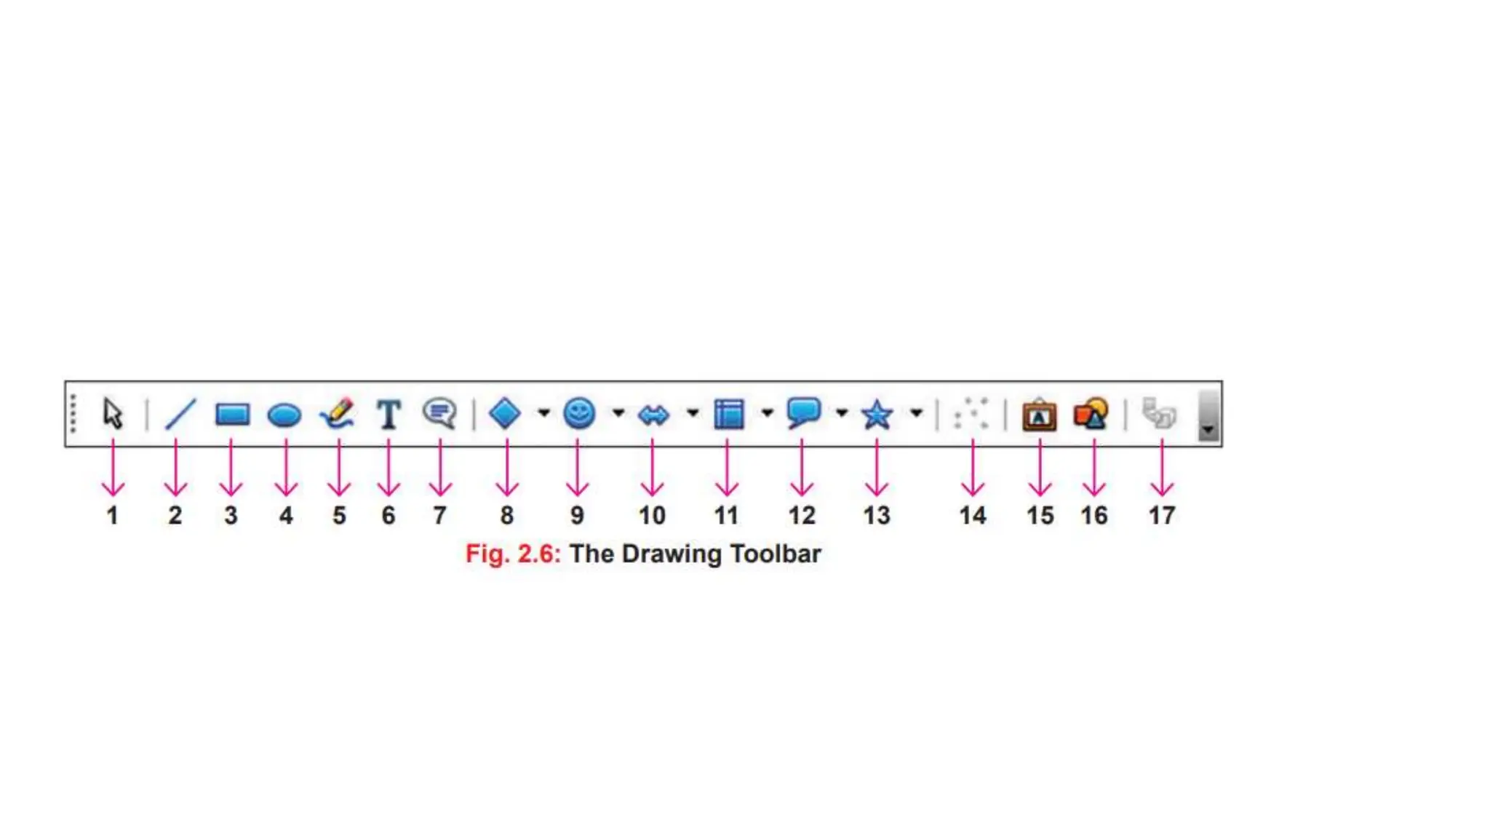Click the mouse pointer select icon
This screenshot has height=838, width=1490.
click(113, 413)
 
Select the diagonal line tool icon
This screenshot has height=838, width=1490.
click(180, 414)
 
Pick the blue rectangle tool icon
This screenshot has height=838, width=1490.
click(233, 414)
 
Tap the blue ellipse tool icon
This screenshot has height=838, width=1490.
click(284, 415)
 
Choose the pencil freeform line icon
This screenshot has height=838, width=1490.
click(338, 413)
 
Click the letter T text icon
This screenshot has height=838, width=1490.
click(389, 414)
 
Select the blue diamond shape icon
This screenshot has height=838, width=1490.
click(505, 413)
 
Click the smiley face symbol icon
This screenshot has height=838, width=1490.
click(579, 413)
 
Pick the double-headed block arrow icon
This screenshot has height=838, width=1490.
click(653, 415)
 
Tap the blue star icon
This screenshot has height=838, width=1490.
click(877, 415)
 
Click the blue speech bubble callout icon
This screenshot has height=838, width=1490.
click(803, 412)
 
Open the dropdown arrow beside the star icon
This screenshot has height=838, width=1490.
click(916, 413)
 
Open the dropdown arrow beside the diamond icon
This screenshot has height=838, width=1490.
click(543, 413)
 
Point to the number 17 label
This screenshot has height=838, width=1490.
click(1161, 516)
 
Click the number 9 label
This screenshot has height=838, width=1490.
click(577, 516)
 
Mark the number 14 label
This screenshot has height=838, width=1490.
click(973, 516)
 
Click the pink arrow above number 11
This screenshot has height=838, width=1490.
click(727, 469)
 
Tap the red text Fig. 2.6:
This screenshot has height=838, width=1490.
click(513, 554)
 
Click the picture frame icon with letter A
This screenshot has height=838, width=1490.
click(1039, 415)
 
